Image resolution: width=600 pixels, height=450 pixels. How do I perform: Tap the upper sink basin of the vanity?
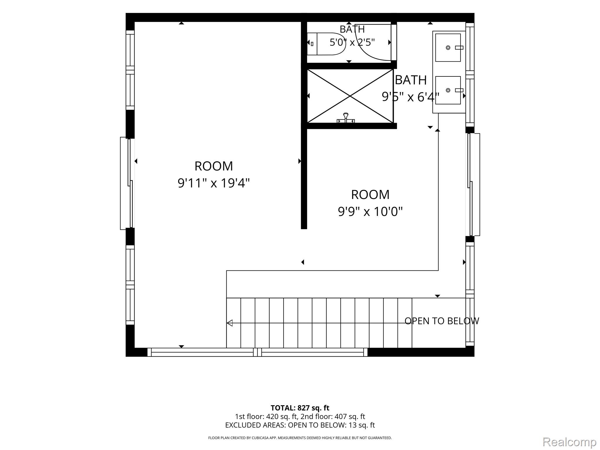(x=448, y=47)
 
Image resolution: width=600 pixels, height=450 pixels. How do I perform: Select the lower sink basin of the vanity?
(x=448, y=90)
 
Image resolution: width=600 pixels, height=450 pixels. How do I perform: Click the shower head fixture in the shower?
(x=346, y=118)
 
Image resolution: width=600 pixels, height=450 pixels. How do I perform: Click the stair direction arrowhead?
(x=230, y=323)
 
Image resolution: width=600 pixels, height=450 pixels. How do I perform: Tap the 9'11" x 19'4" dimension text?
(x=214, y=183)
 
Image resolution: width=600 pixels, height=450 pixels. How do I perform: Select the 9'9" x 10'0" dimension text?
(x=370, y=211)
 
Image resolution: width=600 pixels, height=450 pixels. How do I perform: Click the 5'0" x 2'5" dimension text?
(x=352, y=42)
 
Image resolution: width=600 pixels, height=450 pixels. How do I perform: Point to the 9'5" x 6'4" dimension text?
(x=410, y=97)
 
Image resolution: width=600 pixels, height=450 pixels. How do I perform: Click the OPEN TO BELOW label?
(x=442, y=321)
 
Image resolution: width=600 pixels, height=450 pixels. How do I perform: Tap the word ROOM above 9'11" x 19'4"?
(x=214, y=166)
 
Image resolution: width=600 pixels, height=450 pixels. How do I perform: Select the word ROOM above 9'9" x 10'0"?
(x=370, y=195)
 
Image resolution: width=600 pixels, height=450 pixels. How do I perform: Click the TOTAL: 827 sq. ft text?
(x=300, y=408)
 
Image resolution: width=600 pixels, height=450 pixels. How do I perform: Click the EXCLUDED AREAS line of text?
(x=300, y=425)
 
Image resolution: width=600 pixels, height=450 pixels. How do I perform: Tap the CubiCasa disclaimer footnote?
(x=300, y=438)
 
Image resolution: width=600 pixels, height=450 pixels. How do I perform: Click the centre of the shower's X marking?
(x=350, y=96)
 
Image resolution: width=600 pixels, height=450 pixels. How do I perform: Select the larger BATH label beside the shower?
(x=411, y=80)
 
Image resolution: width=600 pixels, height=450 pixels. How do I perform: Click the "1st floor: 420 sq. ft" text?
(x=267, y=416)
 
